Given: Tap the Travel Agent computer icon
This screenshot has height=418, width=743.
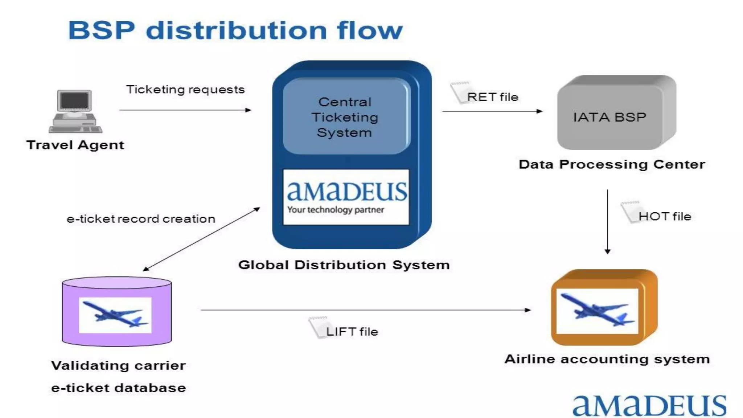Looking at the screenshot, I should tap(75, 111).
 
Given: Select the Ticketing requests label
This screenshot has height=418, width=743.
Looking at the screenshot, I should tap(185, 90).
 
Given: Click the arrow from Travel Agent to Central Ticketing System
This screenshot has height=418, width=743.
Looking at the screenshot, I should tap(185, 110).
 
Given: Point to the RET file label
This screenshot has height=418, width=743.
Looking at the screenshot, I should tap(492, 97).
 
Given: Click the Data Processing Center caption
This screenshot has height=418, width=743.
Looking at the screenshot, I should tap(612, 164).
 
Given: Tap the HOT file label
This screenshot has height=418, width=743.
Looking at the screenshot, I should tap(664, 217).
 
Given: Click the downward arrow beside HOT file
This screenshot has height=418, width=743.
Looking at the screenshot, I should tap(608, 221).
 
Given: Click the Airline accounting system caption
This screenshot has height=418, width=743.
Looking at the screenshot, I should tap(607, 359).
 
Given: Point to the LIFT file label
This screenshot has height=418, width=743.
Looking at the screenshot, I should tap(352, 332).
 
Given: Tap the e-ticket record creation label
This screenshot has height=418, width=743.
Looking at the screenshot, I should tap(141, 219).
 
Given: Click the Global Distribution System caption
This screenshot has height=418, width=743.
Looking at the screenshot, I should tap(344, 265).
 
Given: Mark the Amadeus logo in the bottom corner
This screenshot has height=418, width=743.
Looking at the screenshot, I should tap(649, 406).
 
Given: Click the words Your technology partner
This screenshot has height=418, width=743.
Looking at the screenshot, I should tap(336, 210).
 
